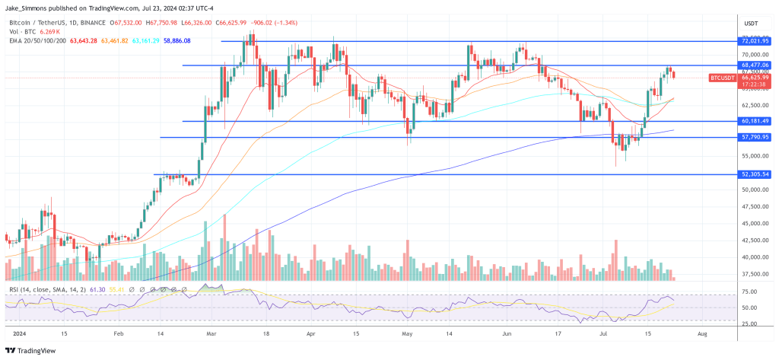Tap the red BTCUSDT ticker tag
(723, 78)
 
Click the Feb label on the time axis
(118, 333)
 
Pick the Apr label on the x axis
(310, 333)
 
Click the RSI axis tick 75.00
(749, 292)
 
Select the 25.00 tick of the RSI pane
(749, 323)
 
